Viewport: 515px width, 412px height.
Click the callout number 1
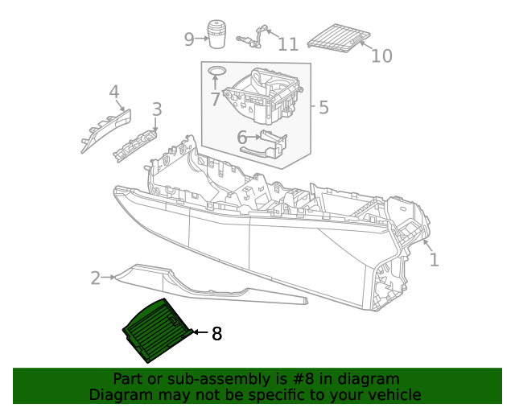pyautogui.click(x=435, y=260)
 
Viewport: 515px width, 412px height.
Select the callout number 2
pyautogui.click(x=96, y=278)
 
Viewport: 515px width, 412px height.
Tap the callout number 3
pyautogui.click(x=156, y=109)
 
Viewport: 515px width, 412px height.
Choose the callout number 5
pyautogui.click(x=323, y=107)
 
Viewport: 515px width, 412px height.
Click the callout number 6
pyautogui.click(x=241, y=138)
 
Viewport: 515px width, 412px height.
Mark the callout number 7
pyautogui.click(x=215, y=99)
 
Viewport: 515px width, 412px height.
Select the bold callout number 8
pyautogui.click(x=216, y=333)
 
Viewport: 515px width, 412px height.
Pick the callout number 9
pyautogui.click(x=189, y=39)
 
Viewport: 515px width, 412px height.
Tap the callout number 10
pyautogui.click(x=381, y=55)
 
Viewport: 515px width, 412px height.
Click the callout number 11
pyautogui.click(x=288, y=43)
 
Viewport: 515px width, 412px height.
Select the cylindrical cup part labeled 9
pyautogui.click(x=216, y=35)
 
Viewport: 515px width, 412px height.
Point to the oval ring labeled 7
pyautogui.click(x=216, y=72)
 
